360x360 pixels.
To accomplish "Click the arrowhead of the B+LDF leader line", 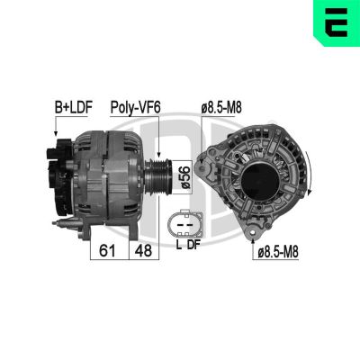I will [x=56, y=135].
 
